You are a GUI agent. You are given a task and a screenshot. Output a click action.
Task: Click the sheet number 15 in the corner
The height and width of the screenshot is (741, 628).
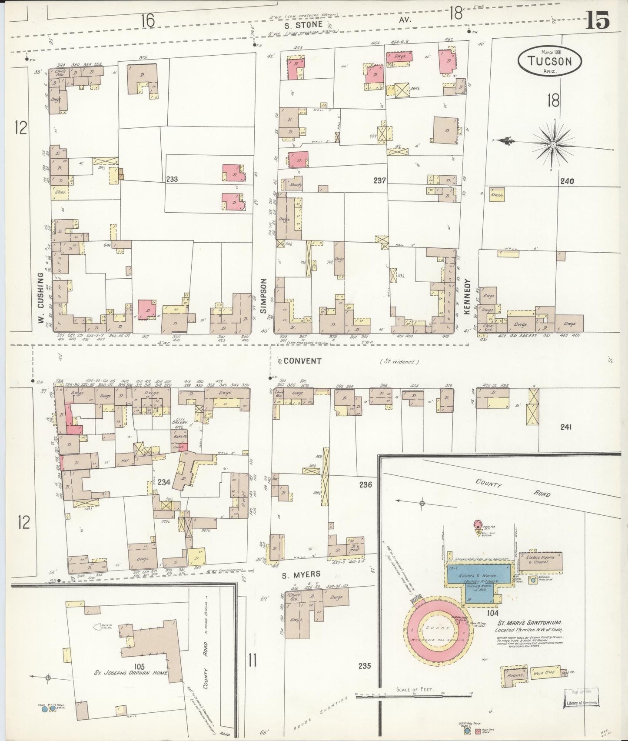598,20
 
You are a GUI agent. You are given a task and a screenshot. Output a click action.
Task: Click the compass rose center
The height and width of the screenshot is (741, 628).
553,144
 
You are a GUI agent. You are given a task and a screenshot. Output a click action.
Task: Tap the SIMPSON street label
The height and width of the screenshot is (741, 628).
263,296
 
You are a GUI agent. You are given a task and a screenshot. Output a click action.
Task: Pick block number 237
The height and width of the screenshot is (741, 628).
379,180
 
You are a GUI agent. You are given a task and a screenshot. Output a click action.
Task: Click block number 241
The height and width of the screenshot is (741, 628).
565,427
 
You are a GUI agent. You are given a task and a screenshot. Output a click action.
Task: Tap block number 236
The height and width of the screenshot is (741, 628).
366,484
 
